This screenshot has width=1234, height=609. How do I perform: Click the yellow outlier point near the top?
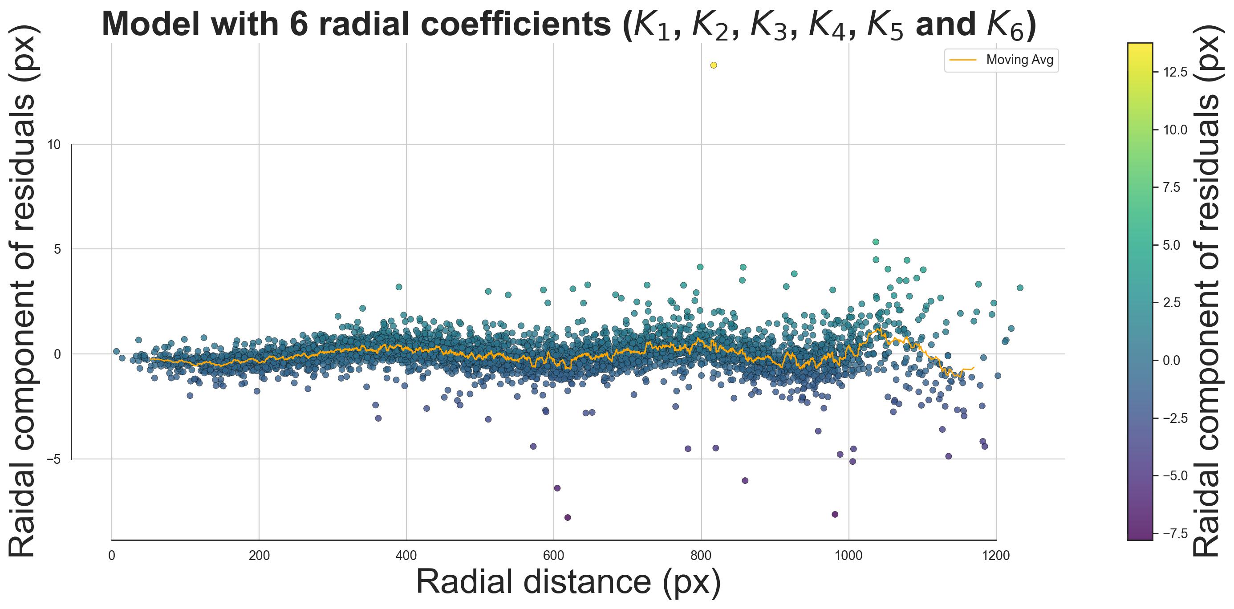[713, 65]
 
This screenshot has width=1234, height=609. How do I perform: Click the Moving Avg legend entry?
[1001, 61]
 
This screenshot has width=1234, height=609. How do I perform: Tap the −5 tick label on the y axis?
[54, 459]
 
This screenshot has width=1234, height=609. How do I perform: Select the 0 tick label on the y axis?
[57, 354]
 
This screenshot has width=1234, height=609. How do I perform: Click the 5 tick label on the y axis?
[57, 249]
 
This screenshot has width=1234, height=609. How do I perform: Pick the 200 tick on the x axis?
[259, 556]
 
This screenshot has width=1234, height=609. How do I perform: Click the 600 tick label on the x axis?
[554, 556]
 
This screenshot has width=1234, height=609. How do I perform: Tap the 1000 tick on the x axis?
[849, 556]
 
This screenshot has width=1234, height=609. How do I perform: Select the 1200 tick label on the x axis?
[996, 556]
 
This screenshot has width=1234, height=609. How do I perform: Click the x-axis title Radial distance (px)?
[568, 583]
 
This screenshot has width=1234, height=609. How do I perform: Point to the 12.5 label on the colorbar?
[1176, 73]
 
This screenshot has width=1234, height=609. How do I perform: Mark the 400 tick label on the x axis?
[406, 556]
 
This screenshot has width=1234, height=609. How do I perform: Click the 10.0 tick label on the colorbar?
[1176, 130]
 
